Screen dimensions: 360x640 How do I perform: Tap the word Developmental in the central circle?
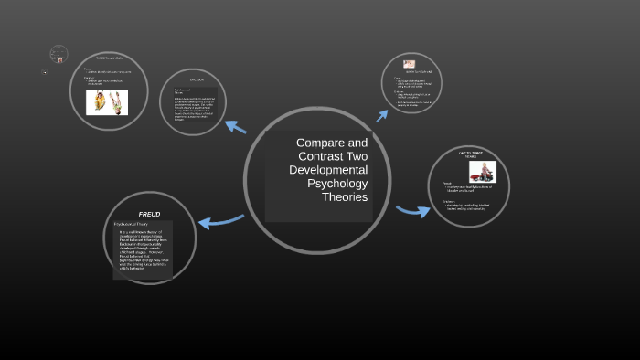click(x=328, y=170)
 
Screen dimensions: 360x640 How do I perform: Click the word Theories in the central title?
click(x=345, y=197)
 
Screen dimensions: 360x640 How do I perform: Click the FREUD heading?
click(x=149, y=214)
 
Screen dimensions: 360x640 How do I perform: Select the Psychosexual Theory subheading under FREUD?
click(x=131, y=224)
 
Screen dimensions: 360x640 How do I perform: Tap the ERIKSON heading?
click(x=196, y=80)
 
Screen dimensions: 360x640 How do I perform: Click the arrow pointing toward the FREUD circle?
click(x=219, y=219)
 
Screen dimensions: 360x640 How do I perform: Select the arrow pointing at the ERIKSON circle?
click(x=236, y=127)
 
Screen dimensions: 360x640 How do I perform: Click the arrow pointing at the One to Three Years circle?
click(x=413, y=211)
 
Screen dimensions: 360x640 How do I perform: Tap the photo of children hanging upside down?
click(x=107, y=101)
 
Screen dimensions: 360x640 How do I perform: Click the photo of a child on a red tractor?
click(x=482, y=172)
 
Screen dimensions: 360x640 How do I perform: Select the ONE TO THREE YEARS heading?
click(x=469, y=154)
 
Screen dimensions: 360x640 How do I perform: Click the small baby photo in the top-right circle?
click(x=410, y=64)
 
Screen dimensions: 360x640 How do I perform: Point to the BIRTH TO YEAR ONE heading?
click(x=411, y=72)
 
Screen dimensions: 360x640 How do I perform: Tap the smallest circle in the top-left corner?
click(x=59, y=54)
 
